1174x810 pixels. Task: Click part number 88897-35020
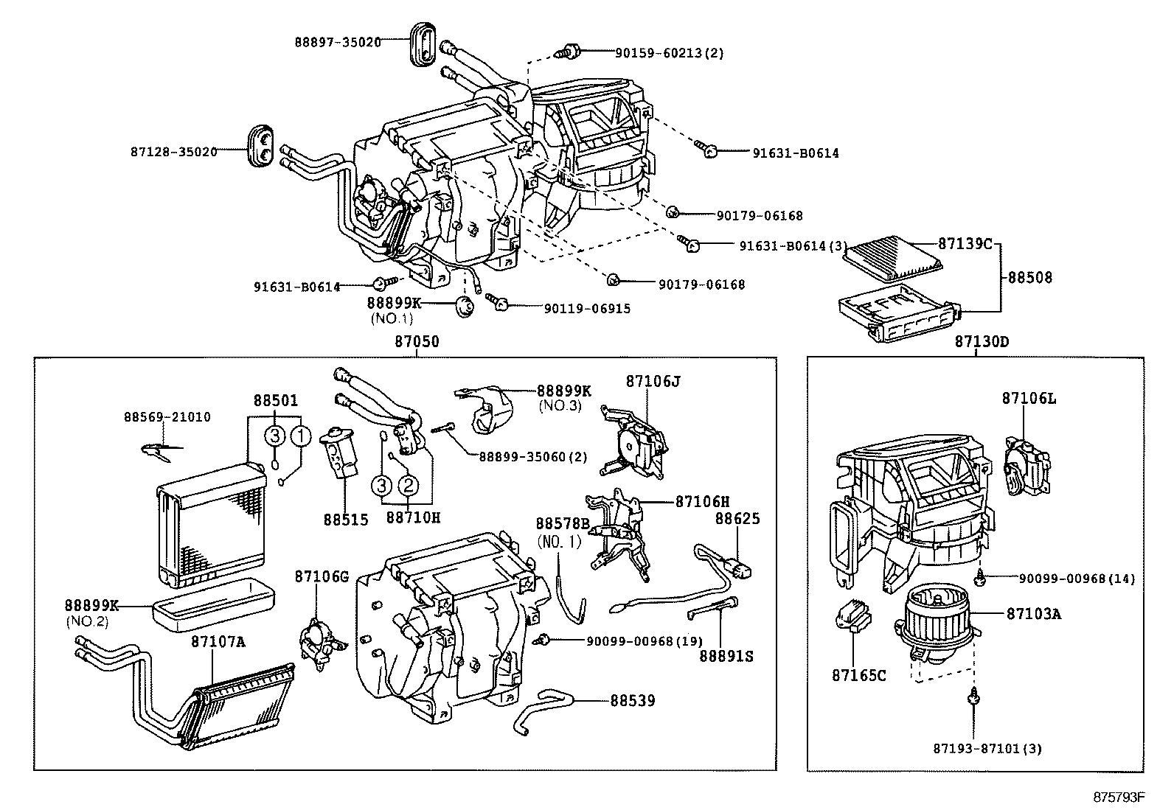click(x=338, y=42)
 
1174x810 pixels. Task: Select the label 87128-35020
click(x=174, y=151)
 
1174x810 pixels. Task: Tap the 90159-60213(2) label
click(x=670, y=52)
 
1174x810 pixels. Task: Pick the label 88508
click(x=1030, y=278)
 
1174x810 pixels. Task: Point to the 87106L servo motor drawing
click(x=1028, y=461)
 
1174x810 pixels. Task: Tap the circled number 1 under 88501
click(x=300, y=436)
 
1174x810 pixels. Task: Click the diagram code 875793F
click(x=1119, y=797)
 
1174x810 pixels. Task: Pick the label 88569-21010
click(x=167, y=417)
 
